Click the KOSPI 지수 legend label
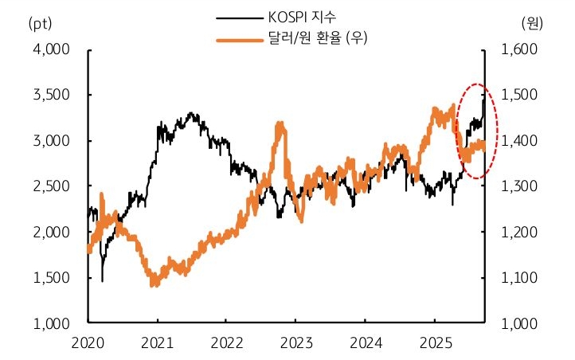pyautogui.click(x=303, y=17)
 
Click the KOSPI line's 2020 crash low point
pyautogui.click(x=102, y=280)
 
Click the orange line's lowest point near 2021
pyautogui.click(x=155, y=284)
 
